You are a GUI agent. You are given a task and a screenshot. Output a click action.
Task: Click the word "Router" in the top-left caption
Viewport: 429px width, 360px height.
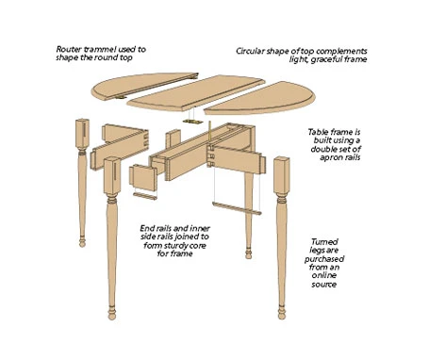(67, 49)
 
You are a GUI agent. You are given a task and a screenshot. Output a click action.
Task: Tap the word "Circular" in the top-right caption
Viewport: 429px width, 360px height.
(250, 51)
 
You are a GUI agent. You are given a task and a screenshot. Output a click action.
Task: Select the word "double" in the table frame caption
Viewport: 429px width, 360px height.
(322, 149)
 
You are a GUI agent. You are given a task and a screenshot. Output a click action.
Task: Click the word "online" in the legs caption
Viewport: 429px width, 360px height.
(324, 275)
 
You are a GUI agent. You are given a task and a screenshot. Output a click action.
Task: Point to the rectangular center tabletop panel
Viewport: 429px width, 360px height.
(197, 92)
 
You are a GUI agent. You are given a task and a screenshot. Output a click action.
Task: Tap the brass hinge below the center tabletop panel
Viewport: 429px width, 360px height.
(191, 122)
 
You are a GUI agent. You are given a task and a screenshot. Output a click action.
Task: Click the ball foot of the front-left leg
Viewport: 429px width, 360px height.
(112, 315)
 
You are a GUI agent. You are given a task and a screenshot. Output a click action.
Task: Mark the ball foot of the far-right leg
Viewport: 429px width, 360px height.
(282, 314)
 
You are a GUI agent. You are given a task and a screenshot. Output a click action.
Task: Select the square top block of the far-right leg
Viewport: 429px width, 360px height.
(281, 175)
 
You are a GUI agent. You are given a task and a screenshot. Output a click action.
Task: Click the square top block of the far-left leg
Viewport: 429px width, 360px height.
(82, 134)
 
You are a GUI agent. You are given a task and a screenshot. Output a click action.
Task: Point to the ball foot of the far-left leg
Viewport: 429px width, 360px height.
(82, 242)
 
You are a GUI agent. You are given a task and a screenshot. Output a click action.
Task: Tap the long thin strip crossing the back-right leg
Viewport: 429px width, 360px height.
(237, 208)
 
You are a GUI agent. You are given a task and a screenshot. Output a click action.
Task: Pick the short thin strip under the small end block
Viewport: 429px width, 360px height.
(145, 196)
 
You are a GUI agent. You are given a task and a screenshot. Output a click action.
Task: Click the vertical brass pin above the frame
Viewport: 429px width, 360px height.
(209, 133)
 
